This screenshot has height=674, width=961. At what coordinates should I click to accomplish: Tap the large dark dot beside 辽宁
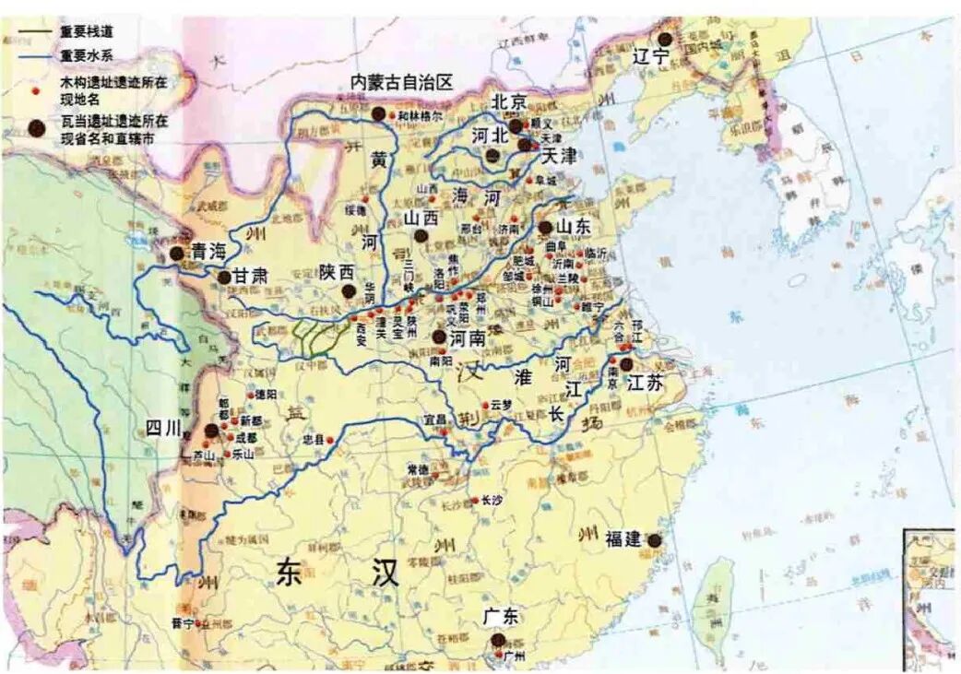(x=665, y=38)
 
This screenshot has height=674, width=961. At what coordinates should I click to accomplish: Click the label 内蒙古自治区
(x=402, y=83)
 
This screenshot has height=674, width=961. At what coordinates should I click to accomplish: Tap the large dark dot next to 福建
(x=655, y=540)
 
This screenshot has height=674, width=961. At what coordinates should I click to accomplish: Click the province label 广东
(x=500, y=617)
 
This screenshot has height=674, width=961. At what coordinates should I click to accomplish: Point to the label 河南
(x=469, y=338)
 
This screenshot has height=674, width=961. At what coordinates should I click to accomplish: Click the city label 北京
(x=510, y=101)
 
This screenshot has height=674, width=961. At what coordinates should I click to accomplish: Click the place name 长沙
(x=492, y=501)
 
